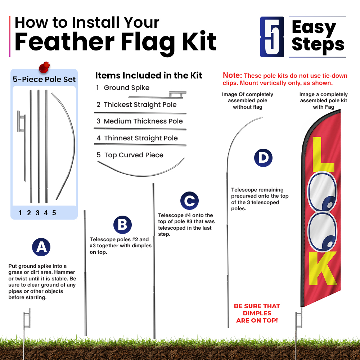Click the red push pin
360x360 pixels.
pyautogui.click(x=44, y=67)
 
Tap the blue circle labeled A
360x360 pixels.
pyautogui.click(x=41, y=247)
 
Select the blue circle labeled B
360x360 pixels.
pyautogui.click(x=122, y=225)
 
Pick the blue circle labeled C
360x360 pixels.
pyautogui.click(x=189, y=201)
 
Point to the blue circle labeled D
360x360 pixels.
pyautogui.click(x=263, y=158)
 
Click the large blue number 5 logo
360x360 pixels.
pyautogui.click(x=272, y=37)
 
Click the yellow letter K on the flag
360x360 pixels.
pyautogui.click(x=323, y=268)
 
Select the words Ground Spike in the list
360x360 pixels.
pyautogui.click(x=126, y=88)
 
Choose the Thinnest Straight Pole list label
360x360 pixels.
pyautogui.click(x=141, y=138)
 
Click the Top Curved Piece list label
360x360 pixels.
pyautogui.click(x=134, y=155)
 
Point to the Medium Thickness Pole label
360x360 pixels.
pyautogui.click(x=143, y=121)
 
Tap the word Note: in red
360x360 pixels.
pyautogui.click(x=232, y=75)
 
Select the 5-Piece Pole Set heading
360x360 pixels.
pyautogui.click(x=44, y=79)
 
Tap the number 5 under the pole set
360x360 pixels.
pyautogui.click(x=54, y=213)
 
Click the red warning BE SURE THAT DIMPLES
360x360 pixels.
pyautogui.click(x=257, y=310)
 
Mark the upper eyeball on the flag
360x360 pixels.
pyautogui.click(x=322, y=192)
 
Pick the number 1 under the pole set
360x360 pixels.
pyautogui.click(x=20, y=213)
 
